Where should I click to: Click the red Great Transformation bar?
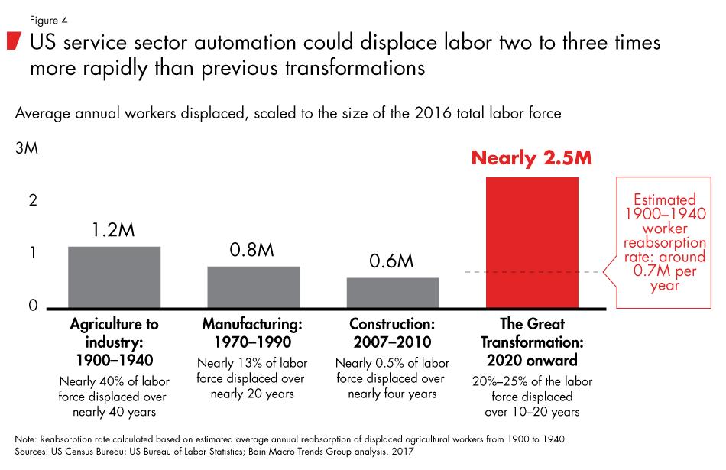click(531, 242)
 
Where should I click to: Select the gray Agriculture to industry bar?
click(114, 277)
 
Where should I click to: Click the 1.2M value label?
click(114, 230)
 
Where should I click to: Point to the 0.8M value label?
click(253, 250)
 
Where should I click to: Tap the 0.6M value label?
click(391, 261)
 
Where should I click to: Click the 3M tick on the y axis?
click(26, 150)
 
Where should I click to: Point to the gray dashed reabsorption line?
click(535, 272)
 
